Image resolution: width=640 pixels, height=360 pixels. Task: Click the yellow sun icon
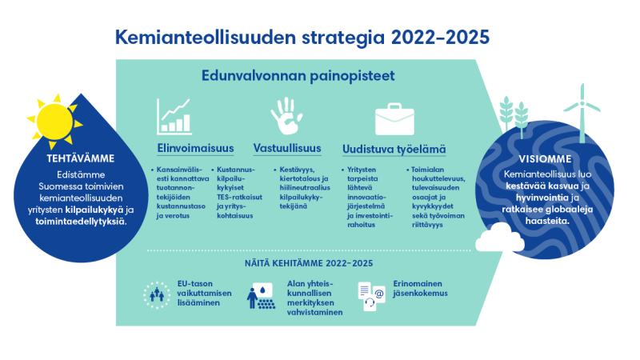(54, 122)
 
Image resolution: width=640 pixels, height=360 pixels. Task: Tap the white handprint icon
(286, 116)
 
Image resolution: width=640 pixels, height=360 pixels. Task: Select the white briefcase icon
(394, 119)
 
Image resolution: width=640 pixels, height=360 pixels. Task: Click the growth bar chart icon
(174, 117)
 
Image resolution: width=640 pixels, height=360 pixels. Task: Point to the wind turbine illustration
(582, 113)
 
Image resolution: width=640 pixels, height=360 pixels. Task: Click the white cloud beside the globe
(499, 238)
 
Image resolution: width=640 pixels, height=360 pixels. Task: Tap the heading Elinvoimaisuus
(195, 148)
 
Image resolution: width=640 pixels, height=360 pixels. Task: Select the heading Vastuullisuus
(287, 148)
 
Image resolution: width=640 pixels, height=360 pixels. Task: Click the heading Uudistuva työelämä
(394, 150)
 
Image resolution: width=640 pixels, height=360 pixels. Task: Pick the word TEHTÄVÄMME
(81, 158)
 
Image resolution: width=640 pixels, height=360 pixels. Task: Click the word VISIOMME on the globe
(545, 158)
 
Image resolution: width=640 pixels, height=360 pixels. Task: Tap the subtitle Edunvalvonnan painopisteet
(298, 76)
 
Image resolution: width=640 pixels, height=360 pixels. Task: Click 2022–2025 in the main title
(440, 38)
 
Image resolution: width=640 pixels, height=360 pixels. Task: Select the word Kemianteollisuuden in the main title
(206, 38)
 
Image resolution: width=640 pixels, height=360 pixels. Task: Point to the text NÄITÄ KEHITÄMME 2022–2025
(309, 263)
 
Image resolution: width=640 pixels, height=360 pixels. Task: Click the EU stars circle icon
(157, 294)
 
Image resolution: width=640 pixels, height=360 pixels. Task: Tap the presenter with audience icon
(261, 295)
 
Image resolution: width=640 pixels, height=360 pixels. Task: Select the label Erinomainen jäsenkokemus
(420, 288)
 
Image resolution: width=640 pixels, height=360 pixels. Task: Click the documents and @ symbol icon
(371, 296)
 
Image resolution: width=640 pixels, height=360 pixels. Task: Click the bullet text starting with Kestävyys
(305, 188)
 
